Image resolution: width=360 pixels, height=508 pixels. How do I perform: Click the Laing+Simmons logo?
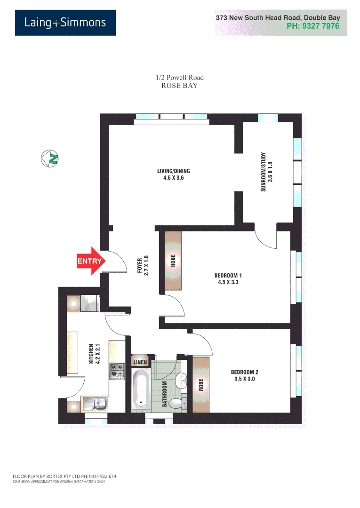(65, 23)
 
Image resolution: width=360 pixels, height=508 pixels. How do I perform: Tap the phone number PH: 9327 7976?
(312, 26)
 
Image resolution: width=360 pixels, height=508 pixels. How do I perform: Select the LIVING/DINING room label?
(173, 175)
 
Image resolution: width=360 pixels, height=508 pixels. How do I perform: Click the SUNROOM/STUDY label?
(267, 172)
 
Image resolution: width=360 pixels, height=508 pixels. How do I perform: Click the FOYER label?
(143, 265)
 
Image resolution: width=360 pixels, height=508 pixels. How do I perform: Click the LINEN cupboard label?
(140, 362)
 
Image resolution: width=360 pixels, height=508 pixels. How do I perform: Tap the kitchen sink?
(99, 403)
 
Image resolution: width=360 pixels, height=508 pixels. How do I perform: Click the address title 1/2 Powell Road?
(179, 78)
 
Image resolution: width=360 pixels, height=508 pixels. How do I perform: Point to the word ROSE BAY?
(179, 86)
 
